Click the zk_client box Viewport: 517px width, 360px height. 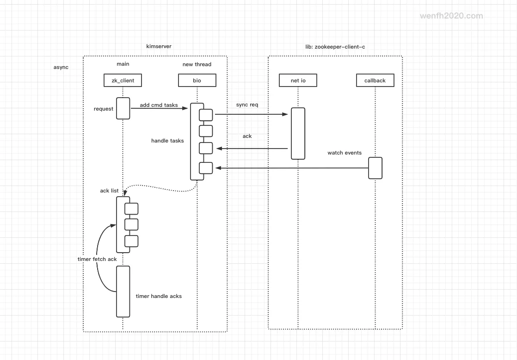coord(123,81)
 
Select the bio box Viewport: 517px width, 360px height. coord(197,81)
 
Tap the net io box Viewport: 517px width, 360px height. coord(298,81)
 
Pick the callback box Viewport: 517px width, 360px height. coord(375,81)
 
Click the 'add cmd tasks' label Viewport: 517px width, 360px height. coord(159,105)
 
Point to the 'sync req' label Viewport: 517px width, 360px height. coord(247,105)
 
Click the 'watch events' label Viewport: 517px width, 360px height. coord(345,153)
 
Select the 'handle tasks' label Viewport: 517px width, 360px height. coord(167,141)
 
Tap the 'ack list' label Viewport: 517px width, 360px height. coord(109,191)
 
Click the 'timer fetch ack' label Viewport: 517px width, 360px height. coord(97,259)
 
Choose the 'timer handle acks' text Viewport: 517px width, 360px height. coord(159,296)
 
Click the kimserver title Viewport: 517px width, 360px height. coord(159,47)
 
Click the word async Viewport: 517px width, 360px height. coord(61,67)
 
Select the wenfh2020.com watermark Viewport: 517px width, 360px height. coord(451,16)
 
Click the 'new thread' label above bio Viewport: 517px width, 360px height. coord(197,64)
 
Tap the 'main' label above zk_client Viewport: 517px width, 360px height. coord(123,64)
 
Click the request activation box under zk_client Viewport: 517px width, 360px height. coord(123,108)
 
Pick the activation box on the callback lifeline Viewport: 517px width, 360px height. coord(375,168)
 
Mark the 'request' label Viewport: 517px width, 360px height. coord(104,109)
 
